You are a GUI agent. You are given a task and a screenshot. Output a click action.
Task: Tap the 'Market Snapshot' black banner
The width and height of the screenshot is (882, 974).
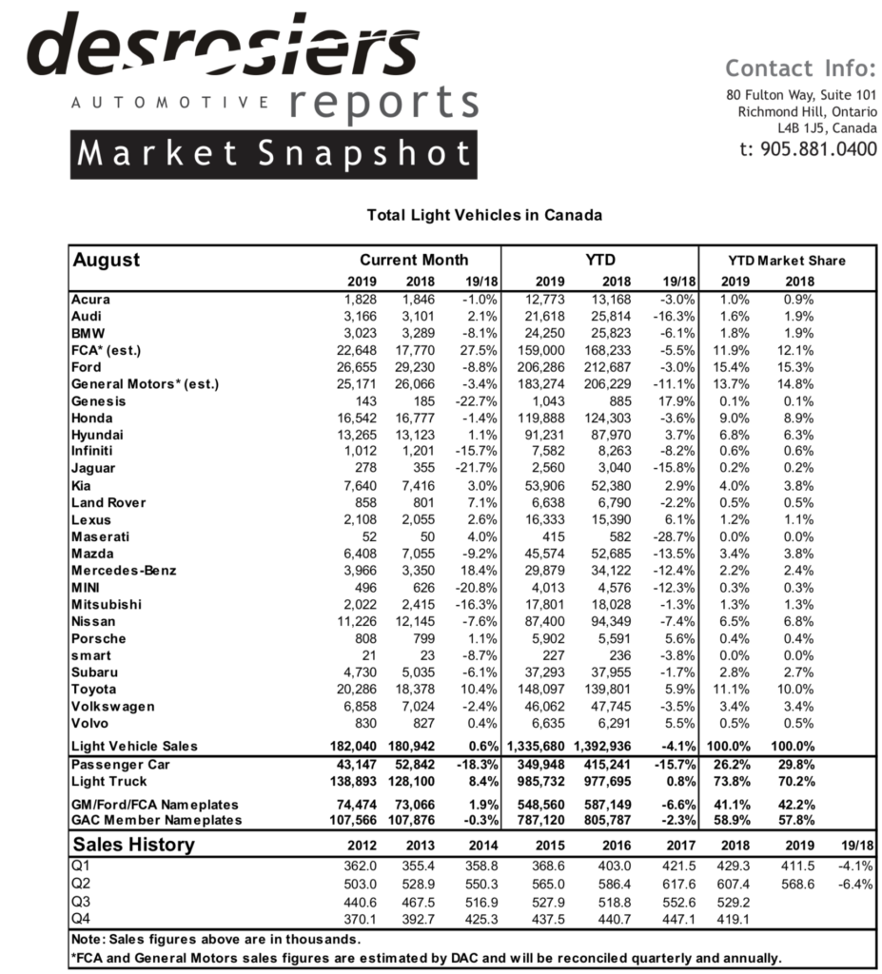[x=273, y=154]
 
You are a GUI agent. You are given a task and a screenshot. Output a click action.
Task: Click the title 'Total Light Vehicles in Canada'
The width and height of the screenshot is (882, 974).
[x=484, y=215]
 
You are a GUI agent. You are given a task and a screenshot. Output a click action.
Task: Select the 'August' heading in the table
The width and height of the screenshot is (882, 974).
[x=107, y=260]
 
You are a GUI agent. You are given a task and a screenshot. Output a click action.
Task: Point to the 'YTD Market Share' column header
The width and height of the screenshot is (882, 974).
[x=786, y=260]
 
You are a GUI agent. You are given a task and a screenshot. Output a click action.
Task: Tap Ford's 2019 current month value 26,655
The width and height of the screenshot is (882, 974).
[x=358, y=367]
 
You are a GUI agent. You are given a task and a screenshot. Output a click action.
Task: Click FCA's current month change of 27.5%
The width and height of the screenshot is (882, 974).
[x=476, y=350]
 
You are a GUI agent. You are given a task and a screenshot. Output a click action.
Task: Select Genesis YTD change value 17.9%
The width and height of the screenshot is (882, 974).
[x=676, y=401]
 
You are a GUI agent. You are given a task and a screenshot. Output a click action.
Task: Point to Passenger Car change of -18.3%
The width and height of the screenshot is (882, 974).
[x=472, y=765]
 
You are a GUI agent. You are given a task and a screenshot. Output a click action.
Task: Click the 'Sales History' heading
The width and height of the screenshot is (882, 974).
[x=134, y=845]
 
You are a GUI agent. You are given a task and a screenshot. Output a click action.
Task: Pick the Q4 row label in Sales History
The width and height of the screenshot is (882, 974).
[x=83, y=918]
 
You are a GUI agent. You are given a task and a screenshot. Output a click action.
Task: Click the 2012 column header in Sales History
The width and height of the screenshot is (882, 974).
[x=361, y=846]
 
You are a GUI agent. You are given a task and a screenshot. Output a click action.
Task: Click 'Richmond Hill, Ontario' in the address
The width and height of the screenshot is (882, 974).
[x=807, y=111]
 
